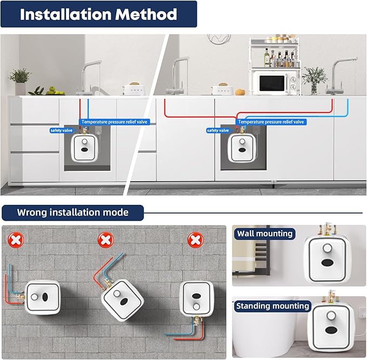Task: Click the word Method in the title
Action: pos(145,14)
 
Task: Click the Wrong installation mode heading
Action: pos(72,212)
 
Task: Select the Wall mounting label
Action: pos(264,234)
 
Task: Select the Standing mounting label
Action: pos(272,306)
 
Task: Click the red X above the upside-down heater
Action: pos(193,238)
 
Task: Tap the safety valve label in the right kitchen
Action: pos(217,130)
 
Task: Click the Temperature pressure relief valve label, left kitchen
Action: pos(114,122)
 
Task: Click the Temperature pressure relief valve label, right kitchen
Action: pos(272,122)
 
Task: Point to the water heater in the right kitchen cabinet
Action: pos(242,148)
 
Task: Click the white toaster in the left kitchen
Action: pos(131,89)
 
